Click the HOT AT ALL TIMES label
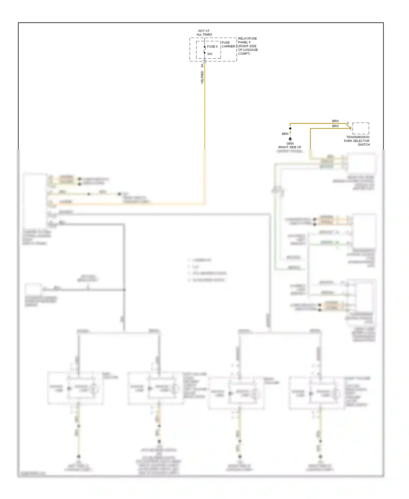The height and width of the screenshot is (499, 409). (x=204, y=33)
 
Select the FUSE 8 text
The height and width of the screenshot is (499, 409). (x=212, y=47)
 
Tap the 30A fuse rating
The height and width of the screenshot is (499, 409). (x=209, y=54)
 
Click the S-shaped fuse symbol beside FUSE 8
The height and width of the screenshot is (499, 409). (x=204, y=50)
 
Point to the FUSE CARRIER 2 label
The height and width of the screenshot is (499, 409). (x=228, y=44)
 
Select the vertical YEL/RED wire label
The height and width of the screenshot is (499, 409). (x=202, y=77)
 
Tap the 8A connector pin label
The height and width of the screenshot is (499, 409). (x=202, y=66)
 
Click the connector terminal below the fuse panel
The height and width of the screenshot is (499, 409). (x=204, y=63)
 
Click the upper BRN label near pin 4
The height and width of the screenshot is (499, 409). (x=335, y=121)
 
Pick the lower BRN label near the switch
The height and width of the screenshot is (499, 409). (x=335, y=126)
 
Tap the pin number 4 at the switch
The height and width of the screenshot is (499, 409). (x=348, y=123)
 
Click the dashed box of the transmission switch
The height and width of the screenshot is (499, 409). (x=360, y=128)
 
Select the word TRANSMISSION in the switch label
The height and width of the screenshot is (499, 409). (x=358, y=137)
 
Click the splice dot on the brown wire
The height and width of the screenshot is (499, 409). (x=290, y=128)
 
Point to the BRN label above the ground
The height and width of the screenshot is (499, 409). (x=285, y=134)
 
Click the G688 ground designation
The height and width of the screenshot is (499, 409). (x=290, y=144)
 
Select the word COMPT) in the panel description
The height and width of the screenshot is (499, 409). (x=244, y=54)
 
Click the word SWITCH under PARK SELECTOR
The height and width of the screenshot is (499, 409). (x=364, y=145)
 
